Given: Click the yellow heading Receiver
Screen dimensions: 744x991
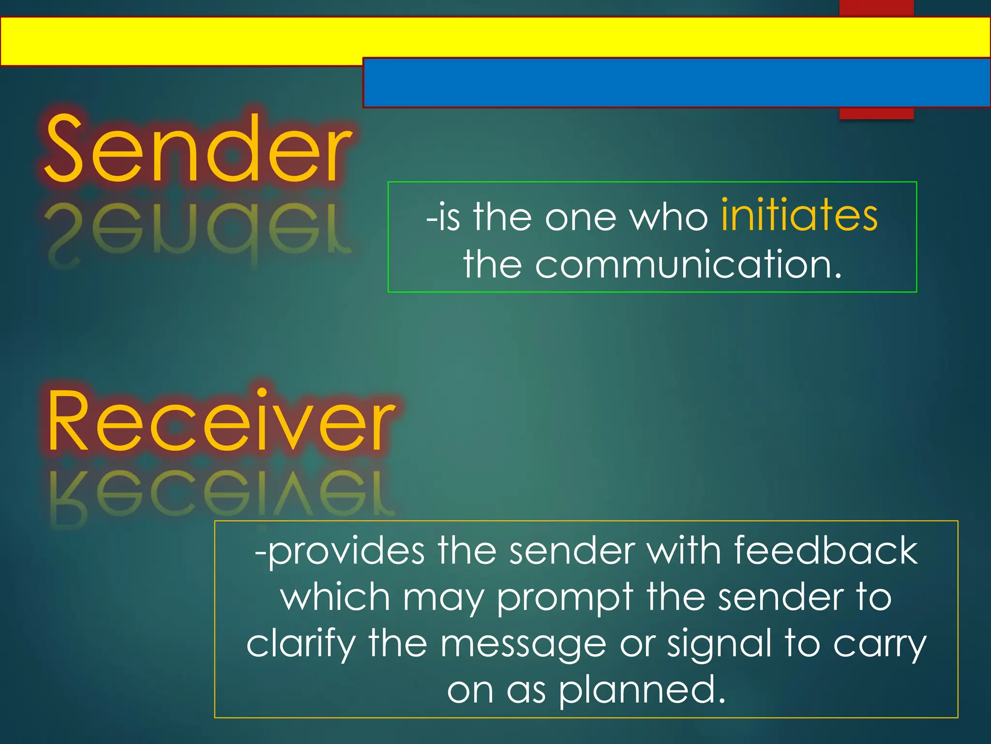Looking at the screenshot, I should point(220,421).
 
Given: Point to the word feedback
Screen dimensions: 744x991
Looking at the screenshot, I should point(826,551).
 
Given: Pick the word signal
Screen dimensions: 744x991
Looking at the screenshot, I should point(719,644).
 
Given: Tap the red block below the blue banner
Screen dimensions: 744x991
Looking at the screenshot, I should point(876,113).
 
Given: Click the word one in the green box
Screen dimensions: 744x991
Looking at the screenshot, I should point(580,218).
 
